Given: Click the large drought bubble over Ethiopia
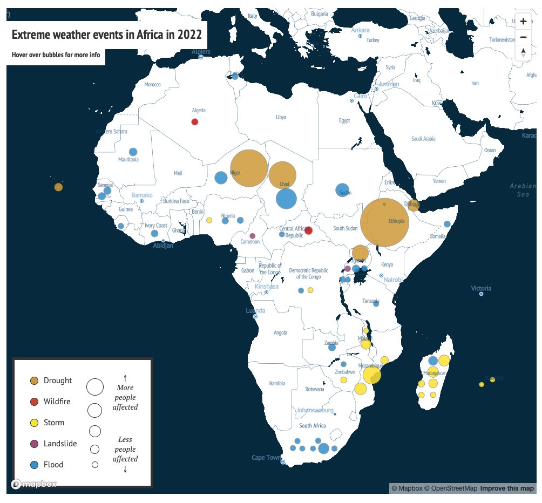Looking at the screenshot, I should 384,222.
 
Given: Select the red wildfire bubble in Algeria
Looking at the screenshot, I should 195,121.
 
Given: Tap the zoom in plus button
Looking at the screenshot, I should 523,22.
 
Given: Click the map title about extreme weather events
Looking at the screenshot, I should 107,35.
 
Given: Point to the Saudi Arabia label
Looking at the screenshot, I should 423,139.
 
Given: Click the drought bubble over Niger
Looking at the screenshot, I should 249,168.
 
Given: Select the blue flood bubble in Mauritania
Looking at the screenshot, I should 133,152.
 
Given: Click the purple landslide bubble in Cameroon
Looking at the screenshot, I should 252,236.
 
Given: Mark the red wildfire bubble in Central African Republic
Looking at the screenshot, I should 308,230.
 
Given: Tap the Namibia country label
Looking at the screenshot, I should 276,384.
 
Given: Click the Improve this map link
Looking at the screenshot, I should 507,488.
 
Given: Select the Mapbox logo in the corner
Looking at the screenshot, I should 34,484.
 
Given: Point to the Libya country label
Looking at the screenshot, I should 281,117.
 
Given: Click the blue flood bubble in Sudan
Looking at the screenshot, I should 342,189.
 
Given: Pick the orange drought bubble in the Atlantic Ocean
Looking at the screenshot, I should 58,187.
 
